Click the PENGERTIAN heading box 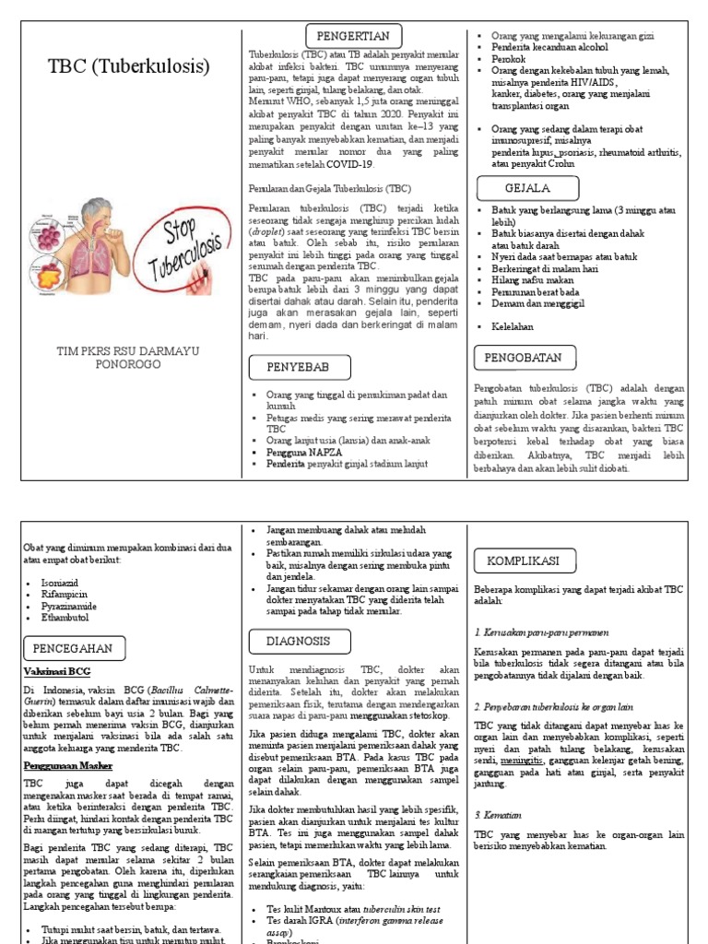click(353, 36)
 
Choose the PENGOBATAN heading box click(525, 357)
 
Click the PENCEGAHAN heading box click(72, 648)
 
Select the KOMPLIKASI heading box click(524, 560)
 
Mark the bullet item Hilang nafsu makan click(531, 280)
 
